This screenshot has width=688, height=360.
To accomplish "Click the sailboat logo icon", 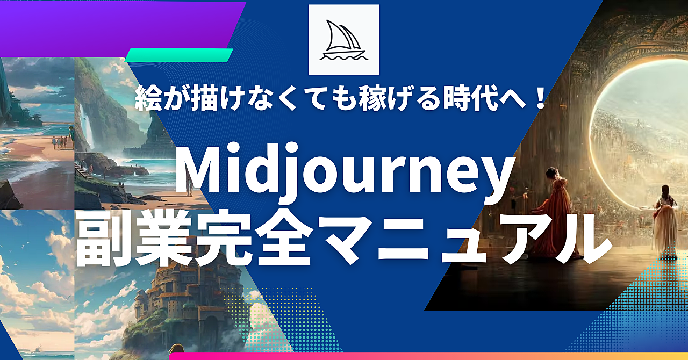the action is (x=343, y=40).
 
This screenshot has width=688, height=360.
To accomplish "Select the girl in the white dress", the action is (x=666, y=222).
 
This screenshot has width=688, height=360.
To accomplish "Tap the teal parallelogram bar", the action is (x=179, y=55).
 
